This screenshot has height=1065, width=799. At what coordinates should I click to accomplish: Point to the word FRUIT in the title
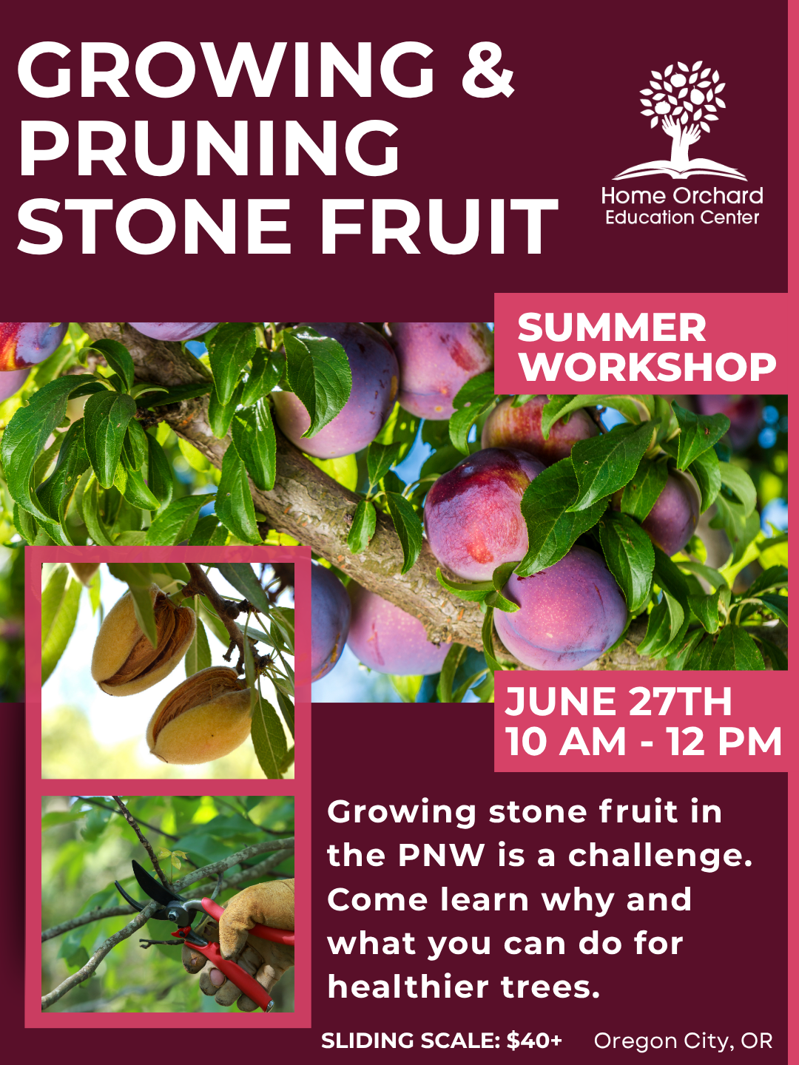(439, 227)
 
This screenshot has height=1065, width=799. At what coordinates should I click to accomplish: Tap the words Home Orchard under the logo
(681, 196)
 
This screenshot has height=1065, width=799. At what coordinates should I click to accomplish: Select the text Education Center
(681, 217)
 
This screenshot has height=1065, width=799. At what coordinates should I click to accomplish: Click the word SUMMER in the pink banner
(612, 328)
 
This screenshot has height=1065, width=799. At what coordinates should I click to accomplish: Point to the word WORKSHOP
(647, 367)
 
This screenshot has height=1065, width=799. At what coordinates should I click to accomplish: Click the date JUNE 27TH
(618, 702)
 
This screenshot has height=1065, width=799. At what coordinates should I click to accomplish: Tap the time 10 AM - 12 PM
(643, 742)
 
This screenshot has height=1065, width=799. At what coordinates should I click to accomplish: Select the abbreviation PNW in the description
(441, 856)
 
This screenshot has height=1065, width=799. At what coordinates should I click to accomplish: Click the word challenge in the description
(660, 856)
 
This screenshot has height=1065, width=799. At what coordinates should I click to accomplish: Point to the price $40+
(534, 1041)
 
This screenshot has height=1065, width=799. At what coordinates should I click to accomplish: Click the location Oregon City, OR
(683, 1041)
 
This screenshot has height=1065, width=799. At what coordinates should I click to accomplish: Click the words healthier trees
(463, 987)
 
